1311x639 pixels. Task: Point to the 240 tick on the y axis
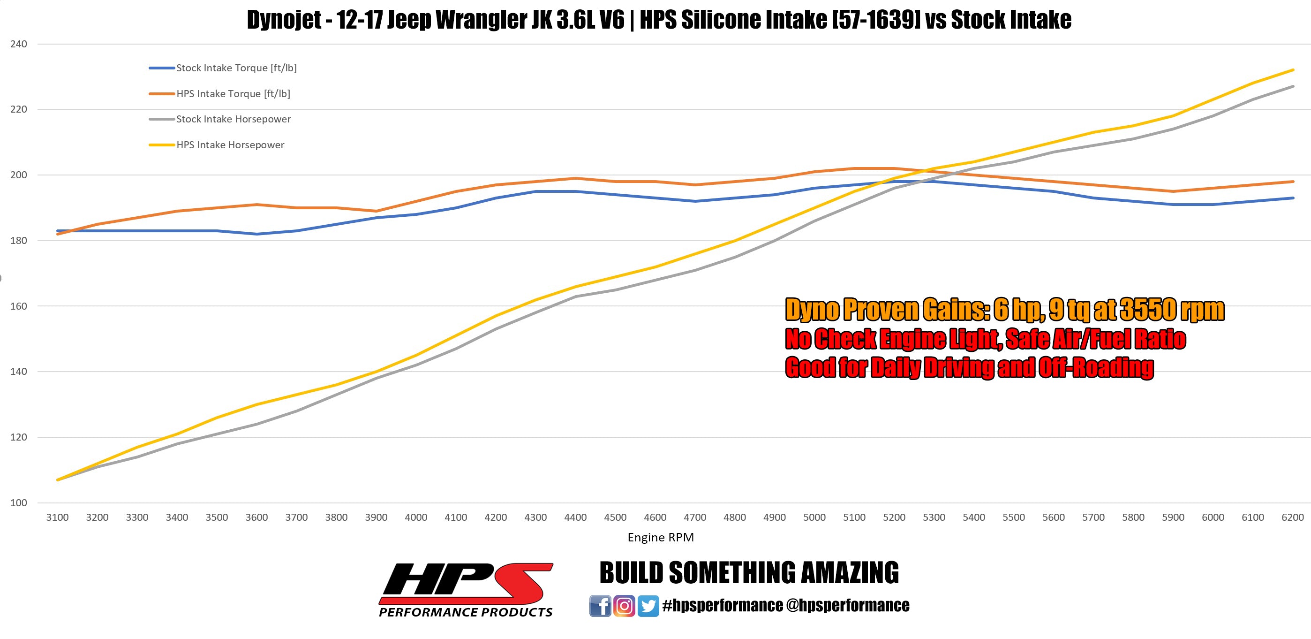(18, 44)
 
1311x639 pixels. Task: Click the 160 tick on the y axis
(18, 306)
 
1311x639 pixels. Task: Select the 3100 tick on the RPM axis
(57, 517)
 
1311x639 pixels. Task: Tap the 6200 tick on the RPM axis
(1292, 517)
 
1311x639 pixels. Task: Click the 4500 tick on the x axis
(615, 517)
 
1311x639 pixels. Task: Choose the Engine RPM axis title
(660, 537)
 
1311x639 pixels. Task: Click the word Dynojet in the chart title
(284, 20)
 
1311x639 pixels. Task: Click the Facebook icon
(600, 606)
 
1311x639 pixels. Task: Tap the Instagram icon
(624, 606)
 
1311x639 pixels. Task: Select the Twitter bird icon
(648, 606)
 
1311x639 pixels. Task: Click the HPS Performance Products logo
(466, 590)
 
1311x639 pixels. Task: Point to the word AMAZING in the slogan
(850, 573)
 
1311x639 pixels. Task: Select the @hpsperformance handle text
(847, 605)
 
